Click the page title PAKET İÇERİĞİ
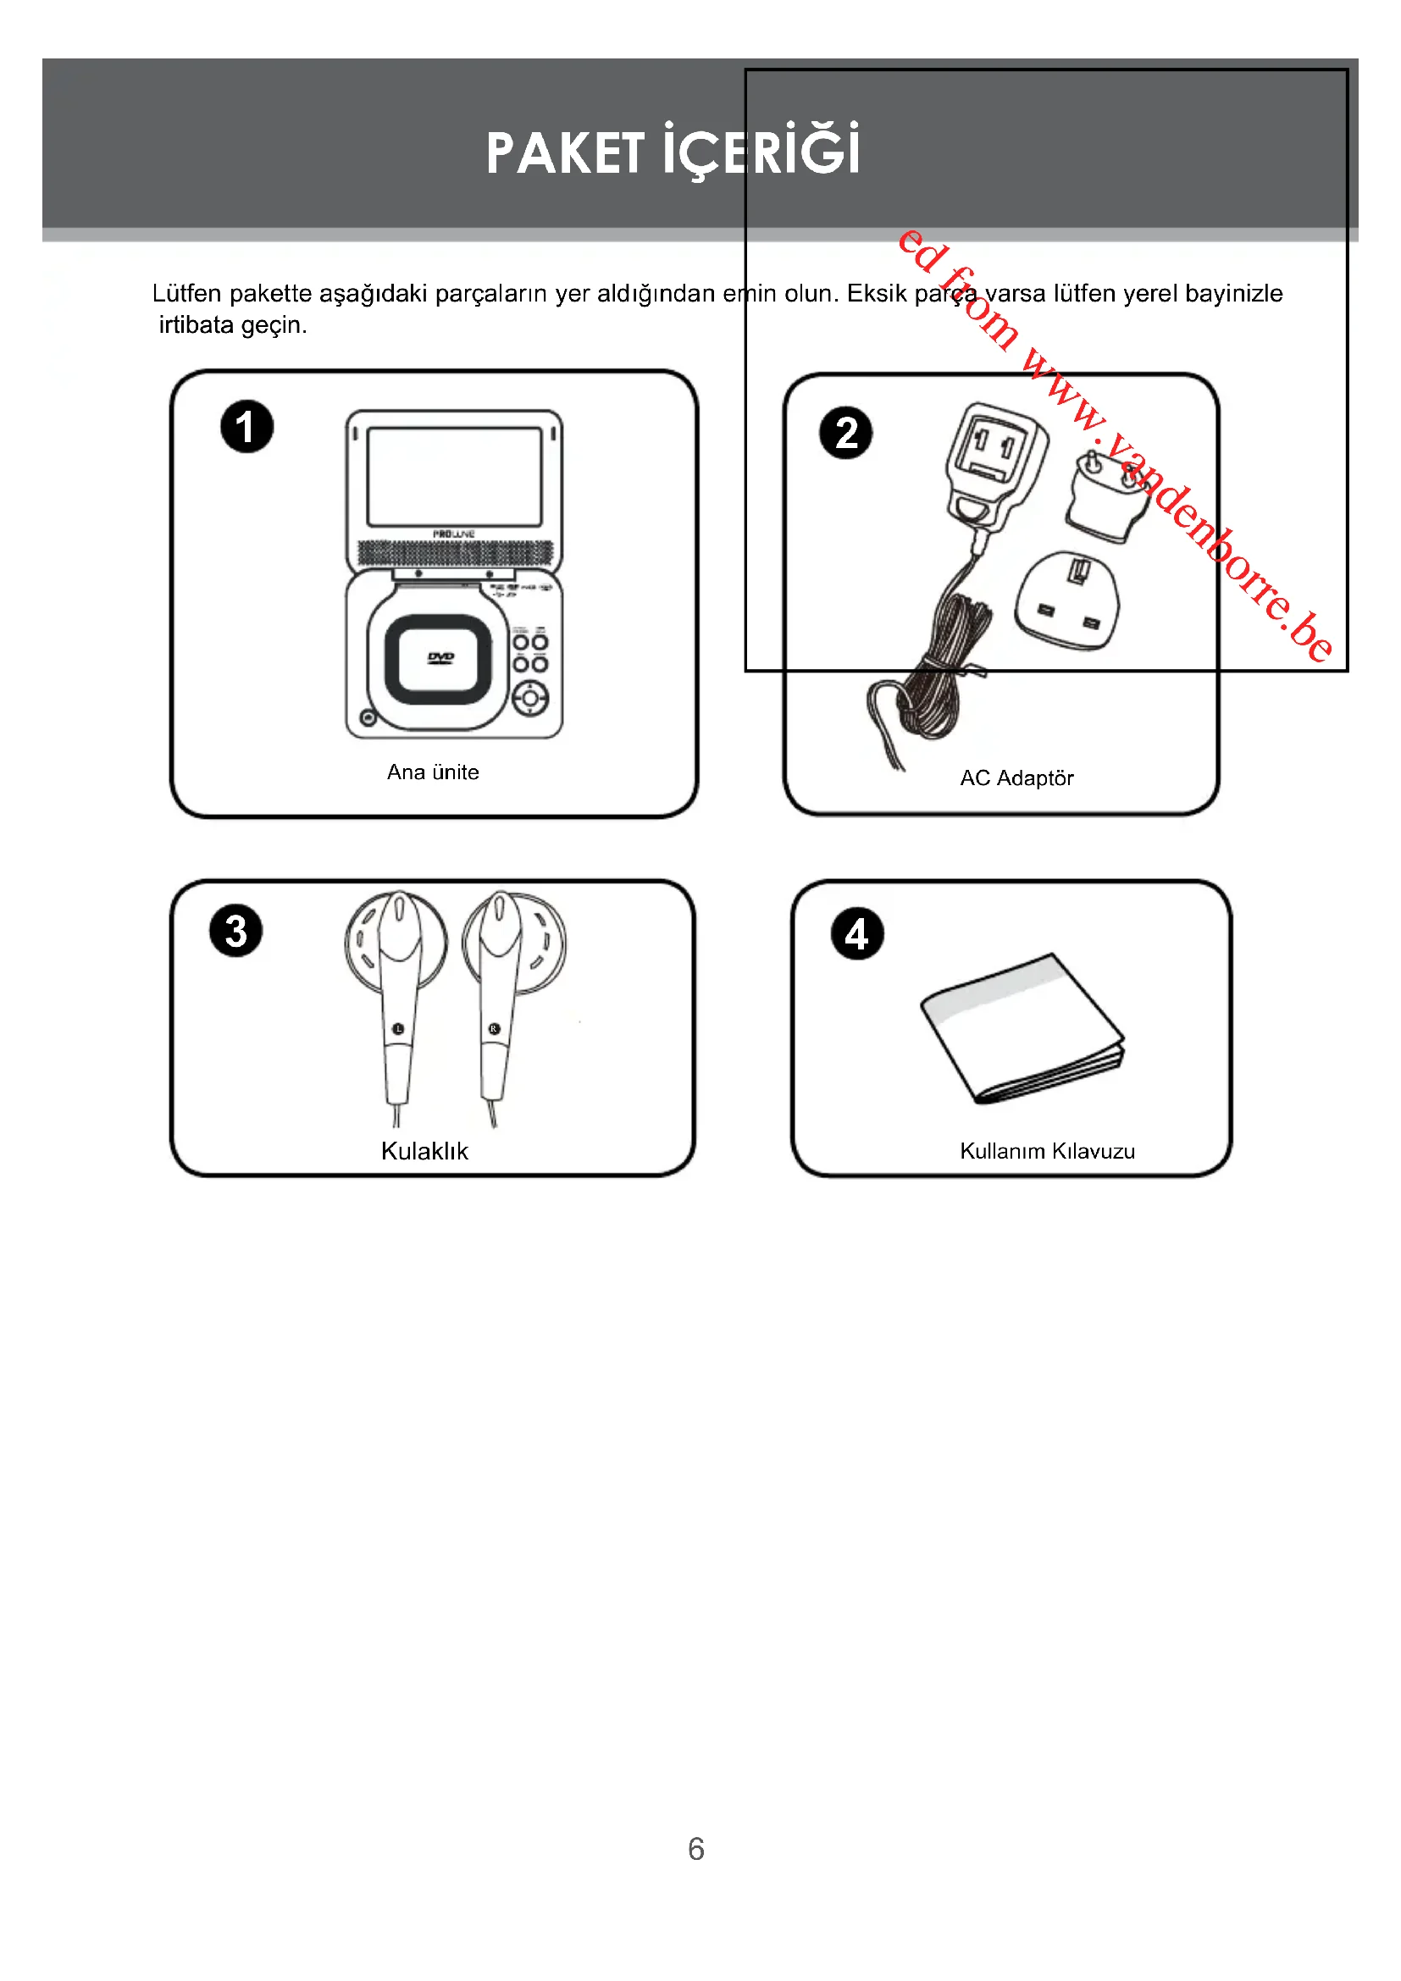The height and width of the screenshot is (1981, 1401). (x=673, y=152)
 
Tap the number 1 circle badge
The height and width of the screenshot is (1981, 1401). (x=246, y=427)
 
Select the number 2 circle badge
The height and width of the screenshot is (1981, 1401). (x=845, y=433)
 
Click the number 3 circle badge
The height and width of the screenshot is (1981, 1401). (x=235, y=931)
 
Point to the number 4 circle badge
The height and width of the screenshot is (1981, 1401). (x=856, y=933)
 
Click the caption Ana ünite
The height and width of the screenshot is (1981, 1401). (x=432, y=772)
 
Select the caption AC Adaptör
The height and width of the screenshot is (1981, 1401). (x=1016, y=778)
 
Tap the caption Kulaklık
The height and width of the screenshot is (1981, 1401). (x=424, y=1151)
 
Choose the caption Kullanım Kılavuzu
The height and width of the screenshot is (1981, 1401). (x=1047, y=1151)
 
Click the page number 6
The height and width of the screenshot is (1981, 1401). (x=696, y=1849)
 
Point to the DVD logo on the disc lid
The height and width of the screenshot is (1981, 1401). (x=440, y=658)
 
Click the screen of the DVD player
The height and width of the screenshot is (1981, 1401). (x=455, y=476)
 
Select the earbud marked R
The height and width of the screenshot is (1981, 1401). (x=498, y=993)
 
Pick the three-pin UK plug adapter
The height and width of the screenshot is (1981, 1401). (x=1067, y=601)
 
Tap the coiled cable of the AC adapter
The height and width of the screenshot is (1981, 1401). (x=944, y=669)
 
